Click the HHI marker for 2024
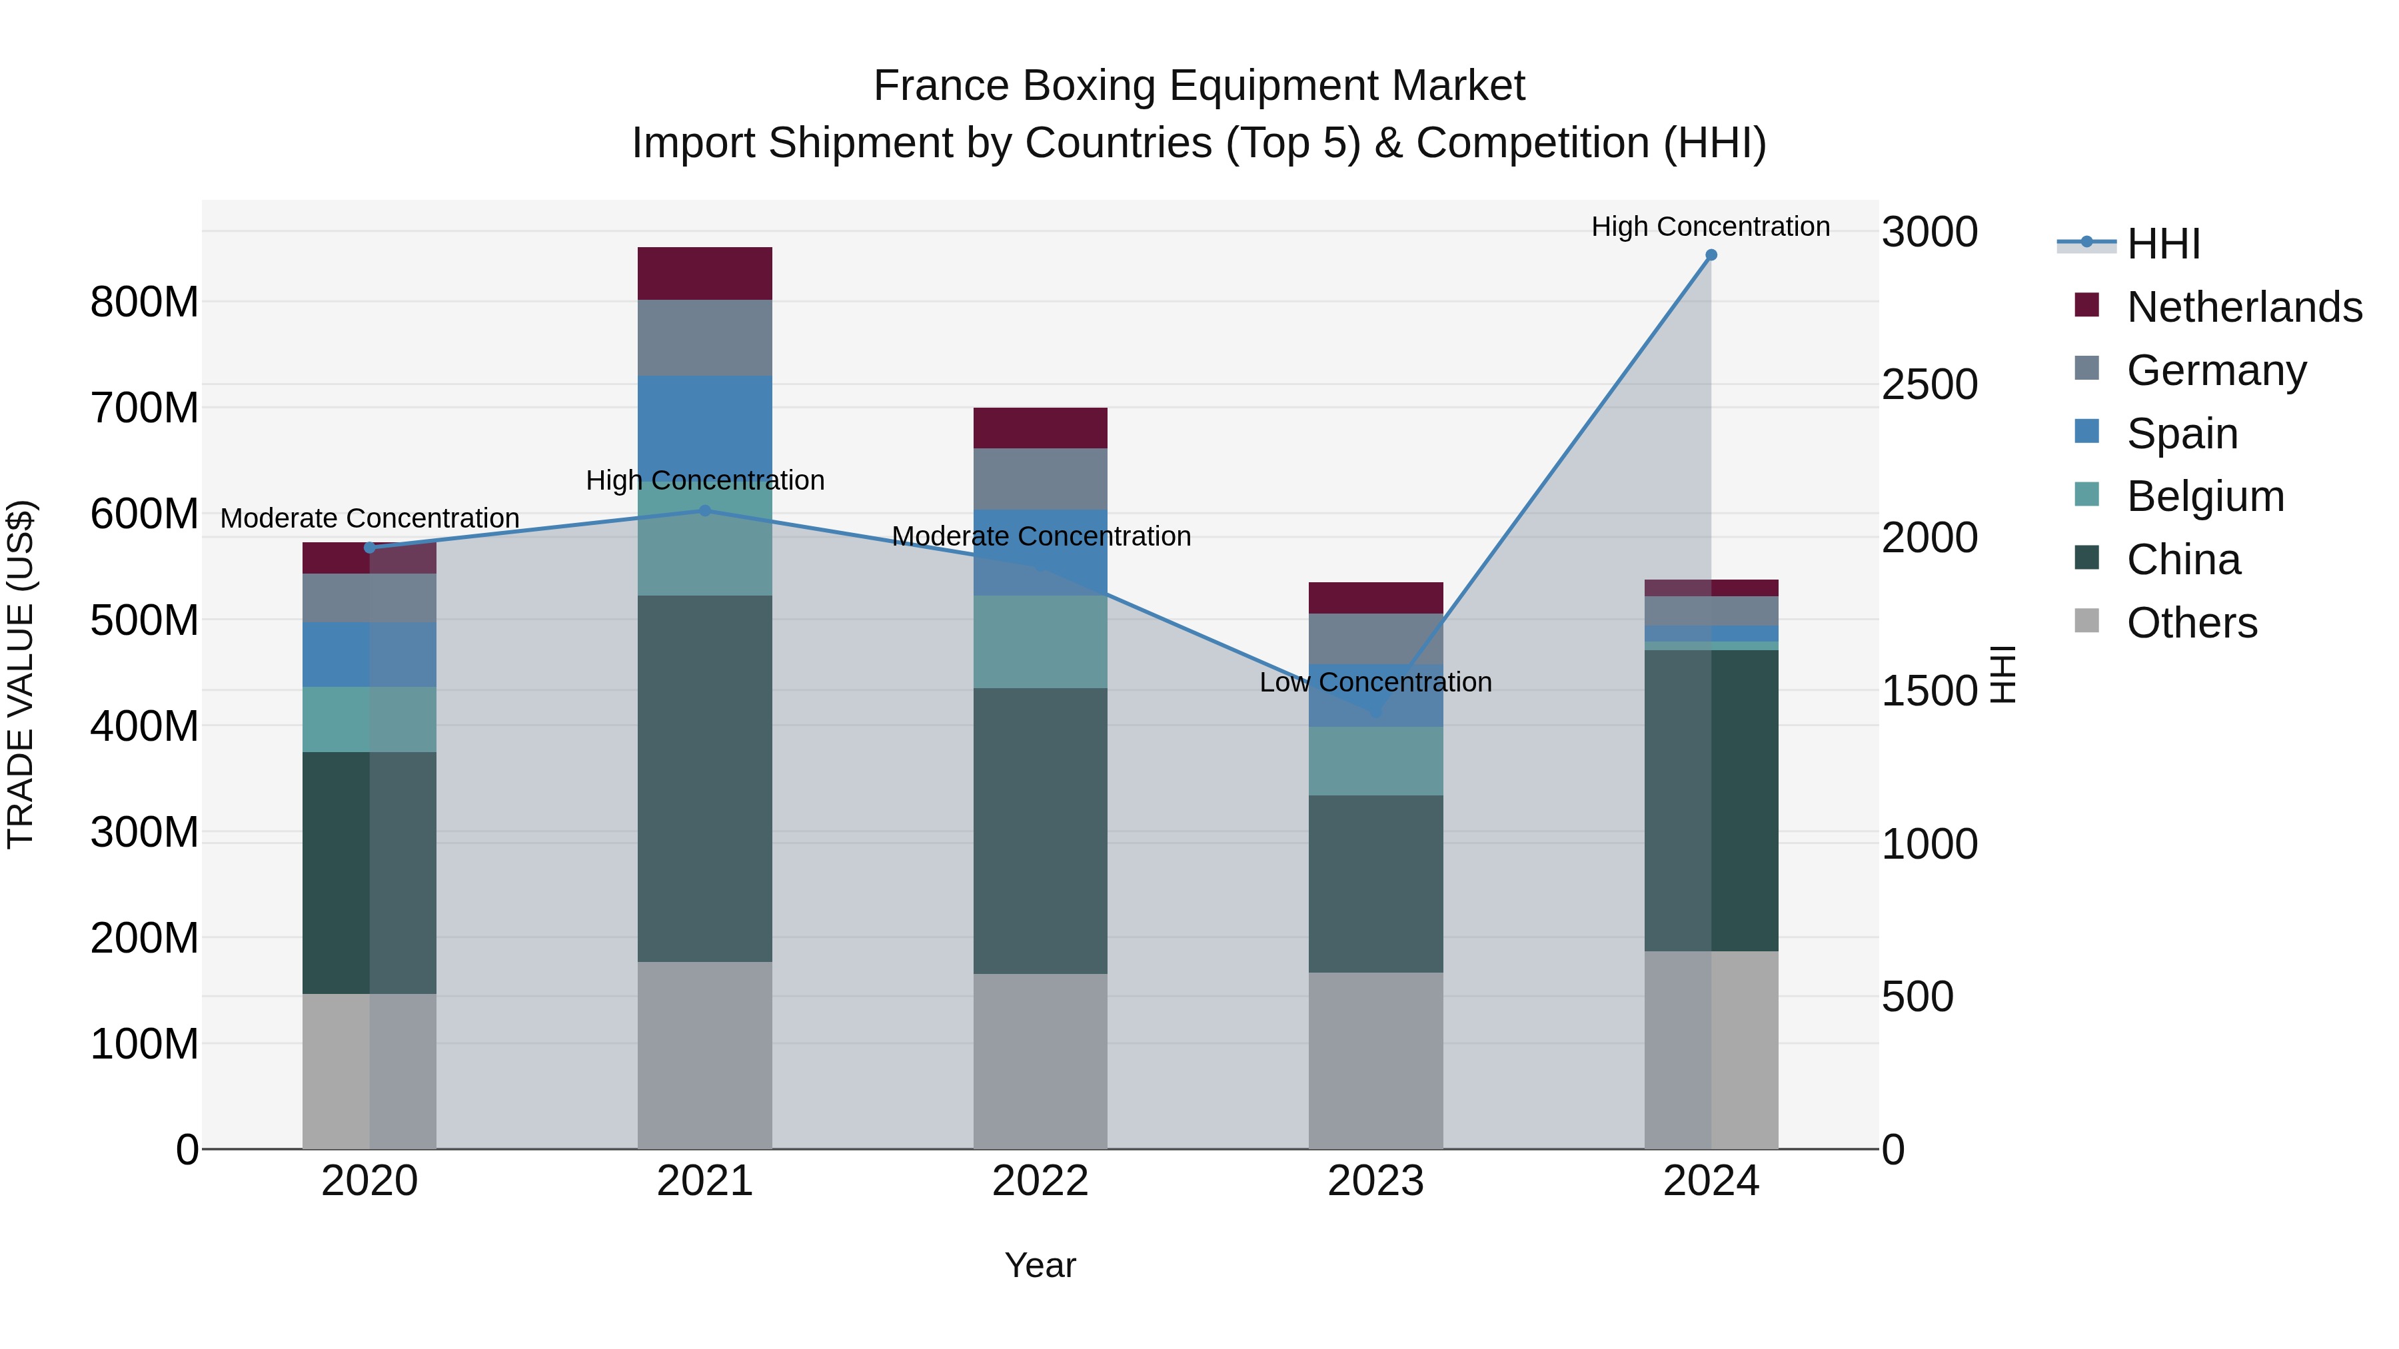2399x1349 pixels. pyautogui.click(x=1711, y=255)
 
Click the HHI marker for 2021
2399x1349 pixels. pyautogui.click(x=705, y=510)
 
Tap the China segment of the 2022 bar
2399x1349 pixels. pyautogui.click(x=1040, y=831)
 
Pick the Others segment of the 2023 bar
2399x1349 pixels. pyautogui.click(x=1375, y=1061)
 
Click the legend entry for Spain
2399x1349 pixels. pyautogui.click(x=2181, y=434)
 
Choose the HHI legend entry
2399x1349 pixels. pyautogui.click(x=2162, y=244)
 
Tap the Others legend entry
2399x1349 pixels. pyautogui.click(x=2191, y=623)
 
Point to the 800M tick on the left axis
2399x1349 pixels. pyautogui.click(x=145, y=302)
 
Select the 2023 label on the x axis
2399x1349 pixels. pyautogui.click(x=1375, y=1181)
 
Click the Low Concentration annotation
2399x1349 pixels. pyautogui.click(x=1375, y=682)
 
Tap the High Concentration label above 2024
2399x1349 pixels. pyautogui.click(x=1710, y=226)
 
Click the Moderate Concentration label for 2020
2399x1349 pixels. pyautogui.click(x=370, y=518)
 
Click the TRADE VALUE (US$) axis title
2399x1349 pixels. pyautogui.click(x=21, y=674)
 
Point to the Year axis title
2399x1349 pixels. pyautogui.click(x=1040, y=1265)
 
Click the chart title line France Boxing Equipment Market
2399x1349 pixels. pyautogui.click(x=1199, y=86)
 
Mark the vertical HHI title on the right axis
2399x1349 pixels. pyautogui.click(x=2003, y=674)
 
